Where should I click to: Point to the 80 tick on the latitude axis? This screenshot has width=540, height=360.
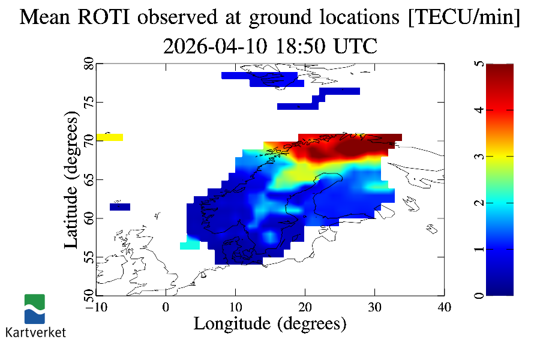click(x=89, y=64)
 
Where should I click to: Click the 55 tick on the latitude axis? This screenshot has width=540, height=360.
click(x=89, y=257)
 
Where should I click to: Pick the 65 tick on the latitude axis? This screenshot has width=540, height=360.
click(x=89, y=179)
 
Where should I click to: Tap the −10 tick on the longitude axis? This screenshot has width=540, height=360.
click(x=95, y=307)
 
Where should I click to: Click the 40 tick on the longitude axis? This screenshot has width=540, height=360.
click(x=444, y=307)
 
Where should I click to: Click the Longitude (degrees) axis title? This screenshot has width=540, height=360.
click(x=270, y=324)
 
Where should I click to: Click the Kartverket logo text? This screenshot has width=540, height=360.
click(x=35, y=332)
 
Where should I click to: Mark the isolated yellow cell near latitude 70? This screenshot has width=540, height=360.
click(x=110, y=137)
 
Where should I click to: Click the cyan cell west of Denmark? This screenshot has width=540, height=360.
click(x=190, y=245)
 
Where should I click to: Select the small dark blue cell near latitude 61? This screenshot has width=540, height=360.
click(x=120, y=207)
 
